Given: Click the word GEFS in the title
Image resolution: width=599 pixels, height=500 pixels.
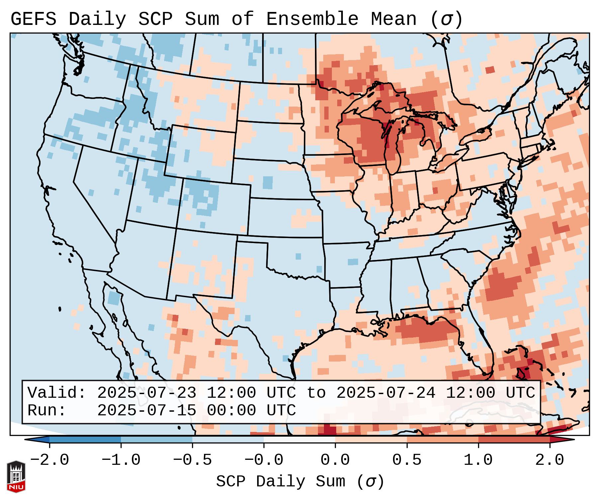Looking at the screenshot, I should [33, 19].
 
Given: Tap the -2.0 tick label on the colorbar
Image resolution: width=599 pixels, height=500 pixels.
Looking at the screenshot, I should [50, 460].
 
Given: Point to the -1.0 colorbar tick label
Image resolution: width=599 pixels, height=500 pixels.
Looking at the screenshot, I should [121, 460].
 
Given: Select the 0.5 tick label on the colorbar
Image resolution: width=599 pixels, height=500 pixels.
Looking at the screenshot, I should [407, 460].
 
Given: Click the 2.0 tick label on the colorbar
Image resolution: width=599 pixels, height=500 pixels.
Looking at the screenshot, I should [549, 460].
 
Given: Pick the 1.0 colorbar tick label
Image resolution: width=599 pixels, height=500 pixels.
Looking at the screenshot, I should [478, 460].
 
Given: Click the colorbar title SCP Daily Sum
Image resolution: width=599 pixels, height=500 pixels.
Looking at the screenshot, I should [280, 481].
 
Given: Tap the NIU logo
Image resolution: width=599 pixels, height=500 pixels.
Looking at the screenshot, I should [16, 477].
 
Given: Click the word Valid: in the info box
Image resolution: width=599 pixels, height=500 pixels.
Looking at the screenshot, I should [57, 393].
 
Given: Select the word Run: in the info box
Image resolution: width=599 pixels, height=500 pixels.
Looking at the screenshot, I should [47, 410].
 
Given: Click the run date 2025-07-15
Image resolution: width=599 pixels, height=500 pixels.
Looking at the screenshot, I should [147, 410].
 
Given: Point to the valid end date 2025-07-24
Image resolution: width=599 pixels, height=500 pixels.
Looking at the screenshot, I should [386, 393].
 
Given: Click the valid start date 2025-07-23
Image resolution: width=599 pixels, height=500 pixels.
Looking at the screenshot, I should [147, 393].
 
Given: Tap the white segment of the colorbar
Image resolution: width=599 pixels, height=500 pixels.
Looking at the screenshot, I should [299, 440].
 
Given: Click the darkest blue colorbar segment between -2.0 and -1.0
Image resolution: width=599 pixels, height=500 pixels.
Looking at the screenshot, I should [85, 440].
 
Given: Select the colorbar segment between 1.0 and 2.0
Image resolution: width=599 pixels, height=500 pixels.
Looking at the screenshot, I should [514, 440].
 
